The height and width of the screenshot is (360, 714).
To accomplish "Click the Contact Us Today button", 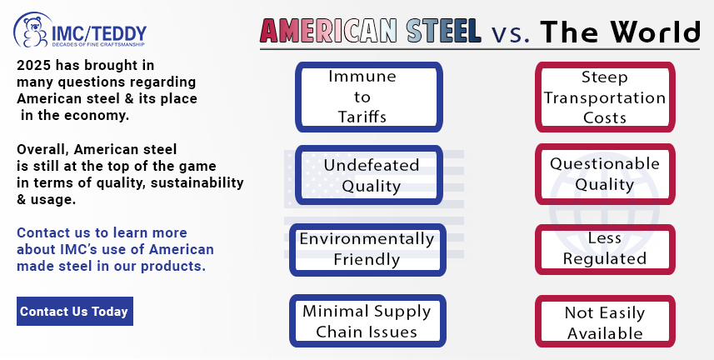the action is tap(75, 311).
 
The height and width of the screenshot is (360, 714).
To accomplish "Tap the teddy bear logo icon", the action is tap(33, 31).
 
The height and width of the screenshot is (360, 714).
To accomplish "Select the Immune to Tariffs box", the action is tap(369, 97).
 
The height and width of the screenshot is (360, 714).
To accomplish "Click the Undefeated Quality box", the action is tap(369, 175).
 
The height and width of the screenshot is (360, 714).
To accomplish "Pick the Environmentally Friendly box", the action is tap(367, 250).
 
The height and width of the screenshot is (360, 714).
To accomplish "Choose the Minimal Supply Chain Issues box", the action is tap(367, 321).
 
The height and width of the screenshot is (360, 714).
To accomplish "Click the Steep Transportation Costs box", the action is tap(605, 97).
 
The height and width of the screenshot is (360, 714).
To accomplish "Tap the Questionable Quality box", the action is tap(605, 174).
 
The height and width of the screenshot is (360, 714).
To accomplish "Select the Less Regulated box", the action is tap(605, 249).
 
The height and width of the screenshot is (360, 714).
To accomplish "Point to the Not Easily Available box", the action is tap(605, 322).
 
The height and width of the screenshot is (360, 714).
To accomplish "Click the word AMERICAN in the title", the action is tap(328, 31).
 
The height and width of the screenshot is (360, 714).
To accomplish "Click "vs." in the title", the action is tap(511, 33).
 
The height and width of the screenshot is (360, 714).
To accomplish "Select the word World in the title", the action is tap(654, 32).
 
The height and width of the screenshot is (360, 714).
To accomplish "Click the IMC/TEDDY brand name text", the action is tap(99, 33).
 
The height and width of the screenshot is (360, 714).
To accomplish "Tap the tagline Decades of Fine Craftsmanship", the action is tap(98, 45).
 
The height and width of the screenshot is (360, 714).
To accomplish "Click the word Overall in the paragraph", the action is tap(42, 150).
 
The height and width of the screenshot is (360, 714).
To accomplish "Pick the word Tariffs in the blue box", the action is tap(362, 117).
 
